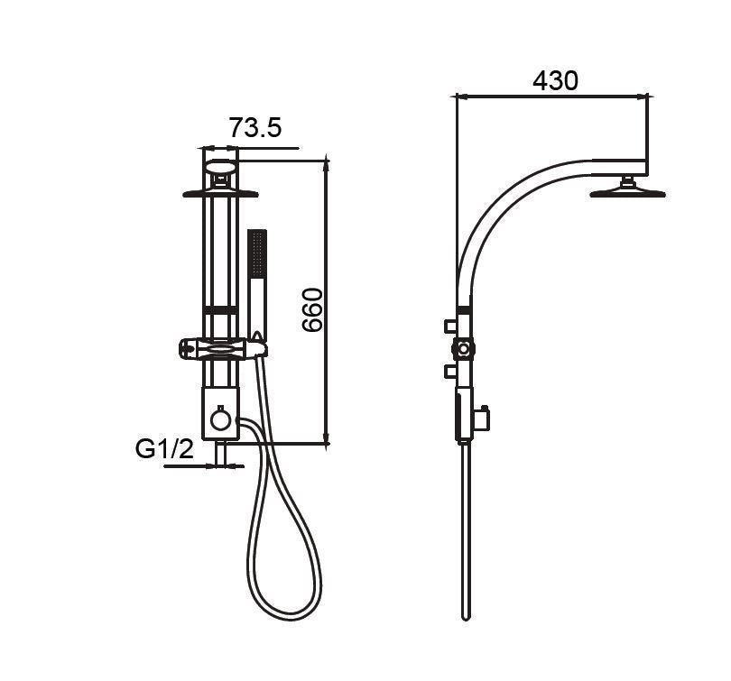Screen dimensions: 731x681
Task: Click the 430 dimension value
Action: pyautogui.click(x=555, y=80)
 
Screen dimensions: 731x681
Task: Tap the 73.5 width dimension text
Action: pyautogui.click(x=255, y=127)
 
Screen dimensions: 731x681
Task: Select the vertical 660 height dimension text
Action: pyautogui.click(x=312, y=310)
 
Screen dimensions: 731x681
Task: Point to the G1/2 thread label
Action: pyautogui.click(x=164, y=449)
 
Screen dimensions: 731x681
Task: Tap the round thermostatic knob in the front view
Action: pyautogui.click(x=220, y=419)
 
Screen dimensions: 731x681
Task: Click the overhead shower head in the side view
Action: pyautogui.click(x=627, y=189)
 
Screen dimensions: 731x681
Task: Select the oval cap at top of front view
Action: pyautogui.click(x=220, y=166)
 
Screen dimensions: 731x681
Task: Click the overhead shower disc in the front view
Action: pyautogui.click(x=220, y=194)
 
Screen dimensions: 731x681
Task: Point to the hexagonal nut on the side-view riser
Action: pyautogui.click(x=463, y=348)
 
